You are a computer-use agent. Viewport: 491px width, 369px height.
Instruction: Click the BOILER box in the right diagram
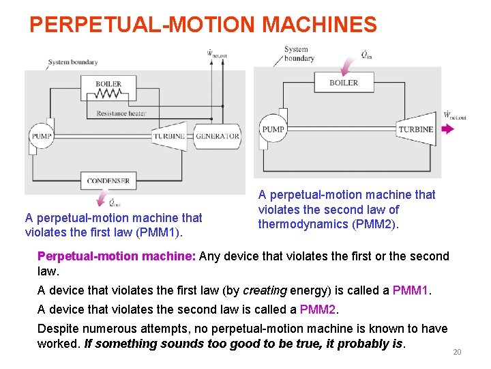coord(343,83)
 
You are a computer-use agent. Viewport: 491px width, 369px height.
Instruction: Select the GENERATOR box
coord(217,136)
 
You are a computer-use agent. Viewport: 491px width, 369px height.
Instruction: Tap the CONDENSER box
coord(108,181)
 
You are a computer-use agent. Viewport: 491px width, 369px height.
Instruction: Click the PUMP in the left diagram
coord(41,136)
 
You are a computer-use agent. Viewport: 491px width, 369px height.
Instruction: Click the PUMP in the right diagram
coord(273,129)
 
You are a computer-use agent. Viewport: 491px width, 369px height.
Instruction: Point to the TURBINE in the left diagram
coord(168,136)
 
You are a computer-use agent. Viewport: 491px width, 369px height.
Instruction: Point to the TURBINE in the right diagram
coord(415,129)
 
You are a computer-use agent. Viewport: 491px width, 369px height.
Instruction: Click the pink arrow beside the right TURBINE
coord(447,129)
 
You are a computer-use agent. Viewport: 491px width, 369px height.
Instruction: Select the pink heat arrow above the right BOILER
coord(348,64)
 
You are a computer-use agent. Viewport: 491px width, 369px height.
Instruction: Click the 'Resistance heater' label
coord(121,113)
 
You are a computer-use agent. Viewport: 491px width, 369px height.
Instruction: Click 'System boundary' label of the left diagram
coord(73,62)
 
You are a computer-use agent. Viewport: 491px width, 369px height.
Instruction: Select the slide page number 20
coord(457,352)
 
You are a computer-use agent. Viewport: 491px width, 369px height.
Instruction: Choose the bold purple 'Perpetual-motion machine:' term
coord(117,256)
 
